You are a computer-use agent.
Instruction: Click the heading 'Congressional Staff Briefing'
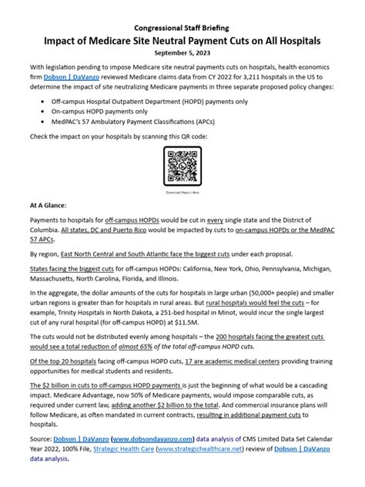point(182,25)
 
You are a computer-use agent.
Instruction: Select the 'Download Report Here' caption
point(182,193)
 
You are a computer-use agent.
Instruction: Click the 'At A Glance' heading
point(48,206)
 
